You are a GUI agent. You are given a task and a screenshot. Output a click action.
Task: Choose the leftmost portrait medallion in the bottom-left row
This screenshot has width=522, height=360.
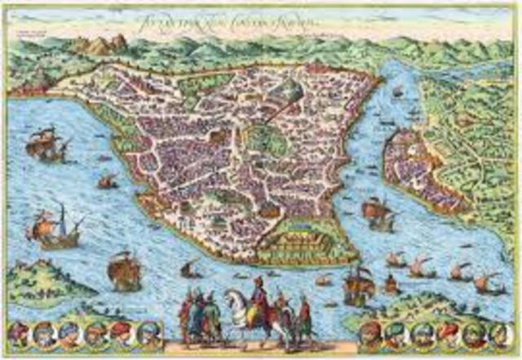coord(18,332)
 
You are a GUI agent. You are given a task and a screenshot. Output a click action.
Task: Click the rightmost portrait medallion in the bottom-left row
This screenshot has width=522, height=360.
coord(148,332)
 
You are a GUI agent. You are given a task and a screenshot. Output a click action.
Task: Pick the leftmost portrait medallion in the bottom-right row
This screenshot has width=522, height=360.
coord(371,332)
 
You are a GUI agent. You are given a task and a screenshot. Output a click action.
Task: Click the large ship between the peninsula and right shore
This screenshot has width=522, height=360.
coord(378,212)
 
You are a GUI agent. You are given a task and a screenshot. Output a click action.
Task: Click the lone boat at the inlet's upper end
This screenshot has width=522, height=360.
coord(397,91)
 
